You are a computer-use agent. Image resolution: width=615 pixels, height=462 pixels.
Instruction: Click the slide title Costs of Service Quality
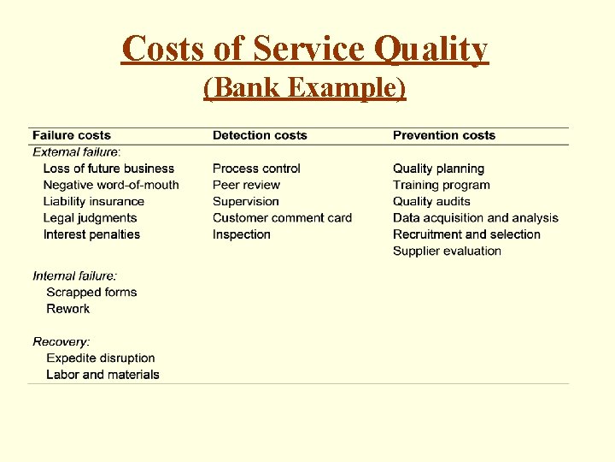coord(305,49)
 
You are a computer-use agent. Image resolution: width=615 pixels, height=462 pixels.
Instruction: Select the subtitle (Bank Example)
coord(305,87)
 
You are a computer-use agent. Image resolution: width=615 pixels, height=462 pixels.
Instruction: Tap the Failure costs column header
coord(72,135)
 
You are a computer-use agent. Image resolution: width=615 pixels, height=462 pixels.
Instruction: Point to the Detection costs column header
coord(260,135)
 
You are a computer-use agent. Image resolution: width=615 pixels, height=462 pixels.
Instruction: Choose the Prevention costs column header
coord(444,135)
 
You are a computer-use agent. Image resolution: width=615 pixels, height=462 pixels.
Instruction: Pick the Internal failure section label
coord(75,275)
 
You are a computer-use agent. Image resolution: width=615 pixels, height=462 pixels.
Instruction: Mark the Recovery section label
coord(61,341)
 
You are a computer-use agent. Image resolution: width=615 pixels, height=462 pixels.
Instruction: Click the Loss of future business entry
coord(108,169)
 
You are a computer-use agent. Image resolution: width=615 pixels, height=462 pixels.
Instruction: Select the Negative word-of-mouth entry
coord(111,185)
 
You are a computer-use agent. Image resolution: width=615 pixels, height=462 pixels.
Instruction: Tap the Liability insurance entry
coord(94,201)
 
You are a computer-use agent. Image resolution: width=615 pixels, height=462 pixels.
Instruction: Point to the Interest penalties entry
coord(91,234)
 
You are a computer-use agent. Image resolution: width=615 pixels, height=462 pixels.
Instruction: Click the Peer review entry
coord(246,185)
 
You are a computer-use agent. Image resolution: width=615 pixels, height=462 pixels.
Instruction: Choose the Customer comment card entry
coord(282,218)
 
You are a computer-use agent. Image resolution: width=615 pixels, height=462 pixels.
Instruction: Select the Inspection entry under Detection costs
coord(242,234)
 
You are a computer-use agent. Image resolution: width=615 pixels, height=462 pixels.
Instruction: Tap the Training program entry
coord(442,185)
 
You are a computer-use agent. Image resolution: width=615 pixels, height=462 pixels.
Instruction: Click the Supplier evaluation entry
coord(447,251)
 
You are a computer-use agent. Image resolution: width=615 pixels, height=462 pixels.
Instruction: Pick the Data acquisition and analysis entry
coord(476,218)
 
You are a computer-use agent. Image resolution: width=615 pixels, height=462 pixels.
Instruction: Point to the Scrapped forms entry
coord(91,292)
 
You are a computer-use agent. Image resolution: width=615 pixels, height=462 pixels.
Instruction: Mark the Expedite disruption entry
coord(101,358)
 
